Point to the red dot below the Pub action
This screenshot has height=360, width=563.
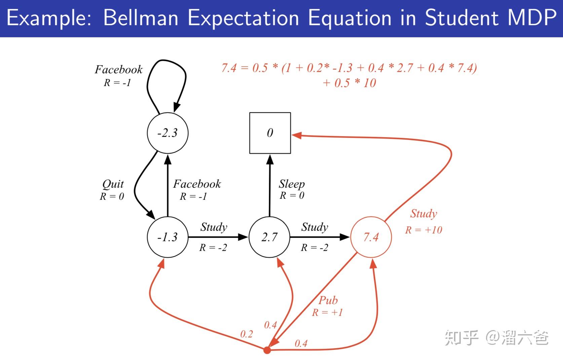point(267,350)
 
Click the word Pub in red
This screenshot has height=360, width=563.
point(328,300)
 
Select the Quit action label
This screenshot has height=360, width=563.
point(113,184)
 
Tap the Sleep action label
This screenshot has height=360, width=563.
point(292,184)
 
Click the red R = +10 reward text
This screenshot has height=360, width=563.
point(423,230)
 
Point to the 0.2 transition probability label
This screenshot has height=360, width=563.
point(246,334)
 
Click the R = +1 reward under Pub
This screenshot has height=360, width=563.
point(327,313)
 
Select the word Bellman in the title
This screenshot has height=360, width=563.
point(141,17)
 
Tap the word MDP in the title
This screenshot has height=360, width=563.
point(532,17)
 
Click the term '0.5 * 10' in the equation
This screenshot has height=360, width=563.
point(355,83)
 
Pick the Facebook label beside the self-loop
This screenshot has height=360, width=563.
point(119,70)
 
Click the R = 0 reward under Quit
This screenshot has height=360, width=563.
point(112,196)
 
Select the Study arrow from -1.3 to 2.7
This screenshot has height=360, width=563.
point(218,237)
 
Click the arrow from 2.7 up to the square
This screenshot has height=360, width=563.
point(270,185)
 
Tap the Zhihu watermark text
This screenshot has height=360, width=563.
point(497,337)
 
